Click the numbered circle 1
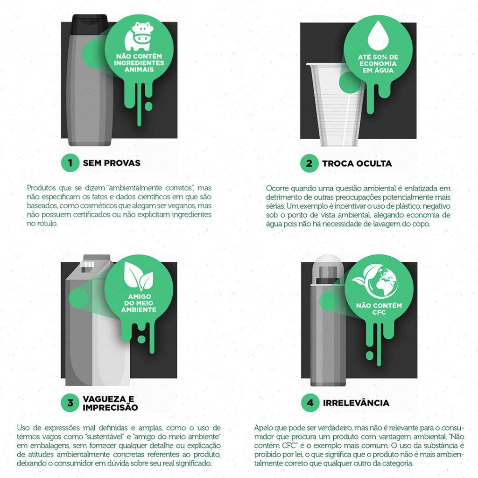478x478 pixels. (70, 163)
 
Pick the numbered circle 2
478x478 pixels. (309, 163)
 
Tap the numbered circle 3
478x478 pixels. (70, 402)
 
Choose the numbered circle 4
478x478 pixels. (310, 402)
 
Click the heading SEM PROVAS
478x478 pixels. (112, 163)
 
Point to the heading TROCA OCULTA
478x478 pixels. (357, 163)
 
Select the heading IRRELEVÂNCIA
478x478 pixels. (356, 402)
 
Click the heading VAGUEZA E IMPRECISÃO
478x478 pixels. (110, 403)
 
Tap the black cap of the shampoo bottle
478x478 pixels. (90, 21)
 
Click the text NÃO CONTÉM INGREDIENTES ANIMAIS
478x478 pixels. (140, 63)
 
